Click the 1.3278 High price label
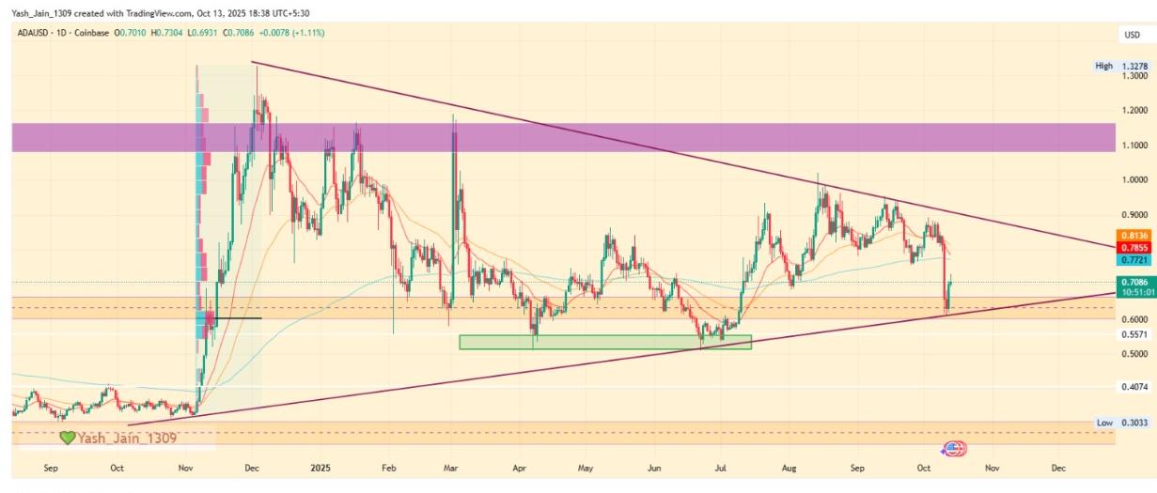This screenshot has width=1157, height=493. (1134, 66)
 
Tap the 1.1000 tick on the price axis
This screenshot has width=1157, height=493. (1134, 145)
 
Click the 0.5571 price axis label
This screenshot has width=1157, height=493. (1134, 334)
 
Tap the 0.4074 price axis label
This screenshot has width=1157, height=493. (1134, 386)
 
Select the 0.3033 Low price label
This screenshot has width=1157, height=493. (1134, 423)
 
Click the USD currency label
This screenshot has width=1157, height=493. (1133, 35)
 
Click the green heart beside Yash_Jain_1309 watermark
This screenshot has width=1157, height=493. (67, 438)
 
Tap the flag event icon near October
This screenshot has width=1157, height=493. (953, 449)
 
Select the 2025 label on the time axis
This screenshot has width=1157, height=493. (321, 467)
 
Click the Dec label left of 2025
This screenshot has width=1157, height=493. (252, 467)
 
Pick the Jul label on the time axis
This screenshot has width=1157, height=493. (722, 467)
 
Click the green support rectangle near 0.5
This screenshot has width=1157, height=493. (605, 342)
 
